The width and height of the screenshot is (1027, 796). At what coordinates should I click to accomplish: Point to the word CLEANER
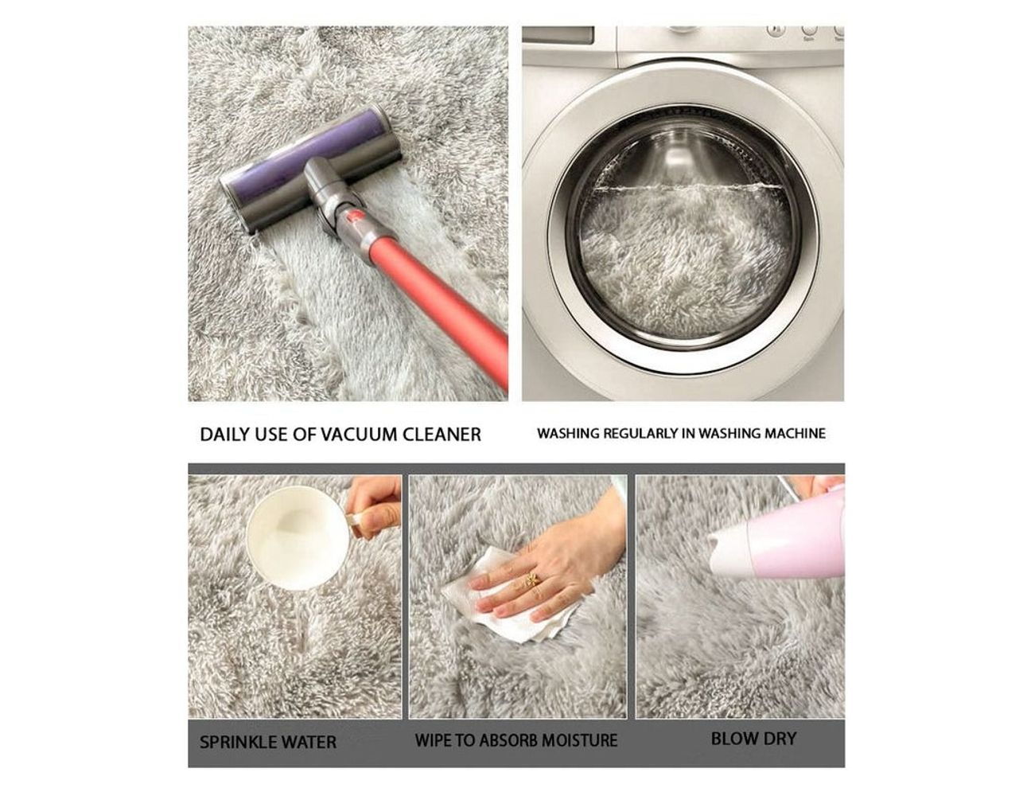pos(442,435)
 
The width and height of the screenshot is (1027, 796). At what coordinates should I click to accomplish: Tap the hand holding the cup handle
pos(375,507)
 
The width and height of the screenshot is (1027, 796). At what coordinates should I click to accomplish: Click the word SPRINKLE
pos(238,742)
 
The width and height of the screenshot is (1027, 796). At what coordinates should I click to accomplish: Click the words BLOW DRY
pos(754,739)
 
